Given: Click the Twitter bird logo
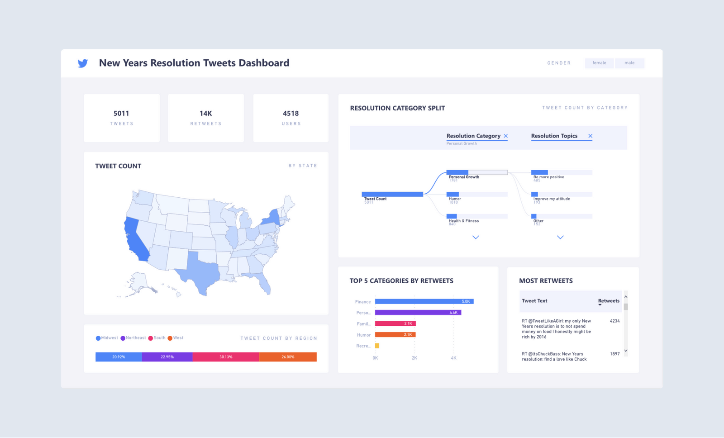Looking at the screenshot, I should coord(82,63).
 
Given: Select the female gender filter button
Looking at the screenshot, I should coord(599,63).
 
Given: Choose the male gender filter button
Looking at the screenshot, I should coord(629,63).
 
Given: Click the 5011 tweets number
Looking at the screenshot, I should coord(121,113).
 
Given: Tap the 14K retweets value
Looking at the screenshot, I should coord(206,113).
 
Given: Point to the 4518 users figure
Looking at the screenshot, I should coord(291,113).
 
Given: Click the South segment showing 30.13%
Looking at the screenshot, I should coord(226,357).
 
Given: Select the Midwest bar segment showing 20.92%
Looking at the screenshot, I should coord(119,357).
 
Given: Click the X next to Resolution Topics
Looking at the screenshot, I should coord(590,136).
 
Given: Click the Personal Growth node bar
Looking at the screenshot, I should coord(476,172).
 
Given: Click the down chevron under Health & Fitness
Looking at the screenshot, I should coord(476,237).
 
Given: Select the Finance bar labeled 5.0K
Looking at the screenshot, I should coord(424,301).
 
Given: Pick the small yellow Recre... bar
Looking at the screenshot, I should coord(377,346).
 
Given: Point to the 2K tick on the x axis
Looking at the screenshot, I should coord(414,358).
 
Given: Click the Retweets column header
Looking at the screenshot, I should coord(608,301).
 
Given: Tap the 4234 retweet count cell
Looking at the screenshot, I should coord(614,321).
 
